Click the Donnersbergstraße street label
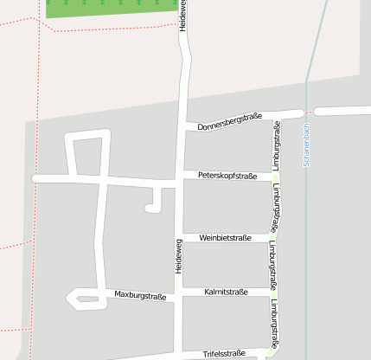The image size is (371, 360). click(x=229, y=122)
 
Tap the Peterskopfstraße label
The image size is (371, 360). click(x=227, y=176)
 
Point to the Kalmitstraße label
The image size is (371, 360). click(x=226, y=292)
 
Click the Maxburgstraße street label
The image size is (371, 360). click(x=140, y=295)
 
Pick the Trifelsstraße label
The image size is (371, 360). click(x=225, y=353)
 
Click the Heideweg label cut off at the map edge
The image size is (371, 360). click(x=182, y=16)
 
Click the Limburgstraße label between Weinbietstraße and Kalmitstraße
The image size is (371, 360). click(x=272, y=262)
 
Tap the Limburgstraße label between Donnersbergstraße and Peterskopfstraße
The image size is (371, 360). click(x=277, y=145)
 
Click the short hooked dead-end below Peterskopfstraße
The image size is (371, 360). click(x=154, y=205)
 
